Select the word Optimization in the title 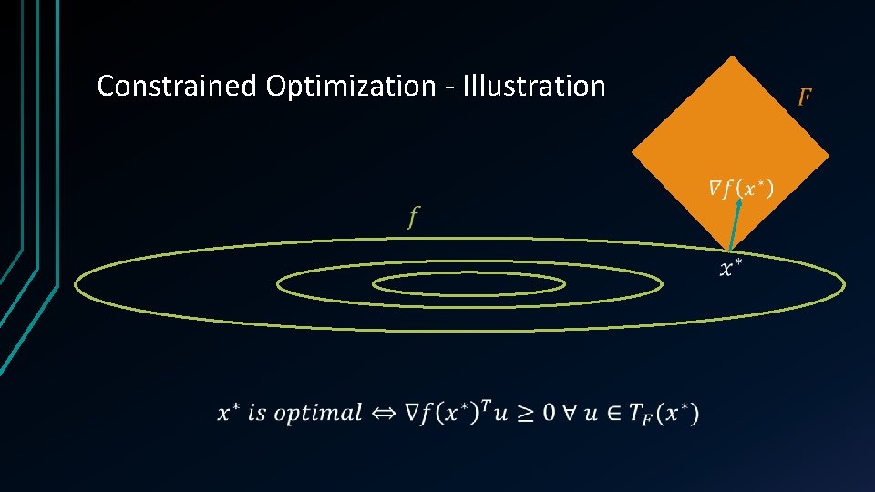[x=351, y=87]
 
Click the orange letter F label [x=805, y=97]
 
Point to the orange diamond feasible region [x=729, y=137]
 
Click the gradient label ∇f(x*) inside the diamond [x=742, y=189]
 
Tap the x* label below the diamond [x=731, y=267]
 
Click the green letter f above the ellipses [x=414, y=217]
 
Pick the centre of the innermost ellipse [x=469, y=284]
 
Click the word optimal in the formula [x=318, y=413]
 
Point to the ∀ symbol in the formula [x=568, y=413]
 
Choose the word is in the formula [x=257, y=413]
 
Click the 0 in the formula [x=547, y=413]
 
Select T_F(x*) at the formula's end [x=666, y=414]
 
